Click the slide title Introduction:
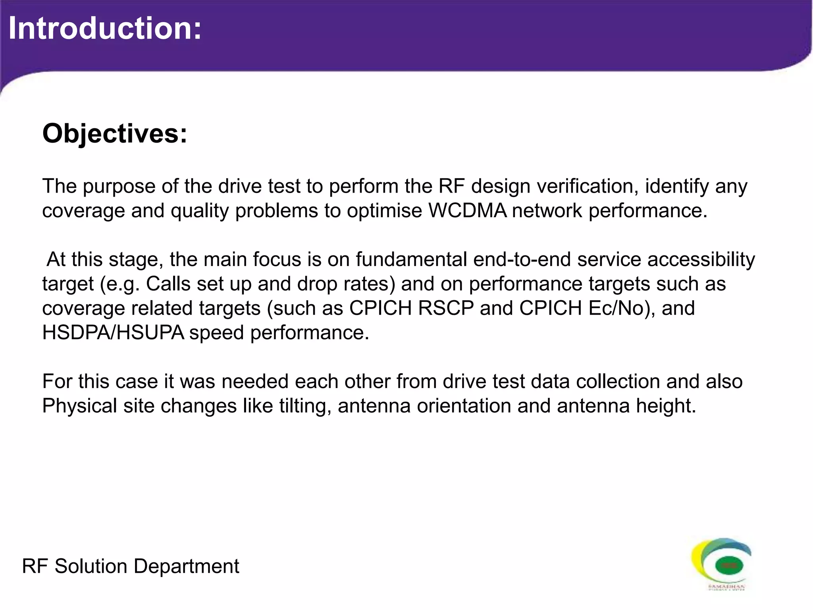tap(105, 29)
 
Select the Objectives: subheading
tap(115, 134)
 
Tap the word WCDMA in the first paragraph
tap(467, 210)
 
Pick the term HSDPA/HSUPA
tap(113, 332)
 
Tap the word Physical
tap(79, 406)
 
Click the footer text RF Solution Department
tap(131, 566)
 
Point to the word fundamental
tap(411, 259)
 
